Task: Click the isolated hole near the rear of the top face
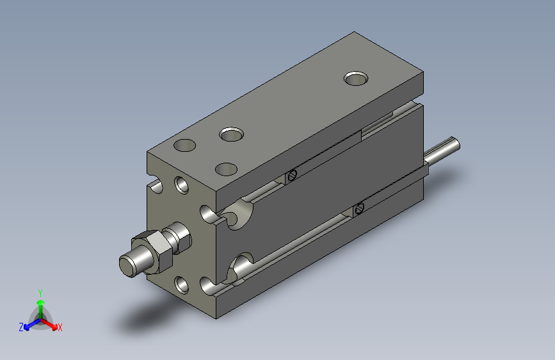pyautogui.click(x=356, y=78)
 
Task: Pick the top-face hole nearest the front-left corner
pyautogui.click(x=185, y=145)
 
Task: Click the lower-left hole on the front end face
pyautogui.click(x=181, y=282)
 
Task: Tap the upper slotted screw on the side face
pyautogui.click(x=292, y=176)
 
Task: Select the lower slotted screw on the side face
pyautogui.click(x=358, y=208)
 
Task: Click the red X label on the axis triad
pyautogui.click(x=60, y=327)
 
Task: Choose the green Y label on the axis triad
pyautogui.click(x=40, y=292)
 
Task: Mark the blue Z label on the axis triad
pyautogui.click(x=21, y=327)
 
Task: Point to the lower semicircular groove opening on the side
pyautogui.click(x=242, y=266)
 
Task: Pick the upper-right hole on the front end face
pyautogui.click(x=208, y=213)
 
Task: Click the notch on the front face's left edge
pyautogui.click(x=154, y=187)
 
